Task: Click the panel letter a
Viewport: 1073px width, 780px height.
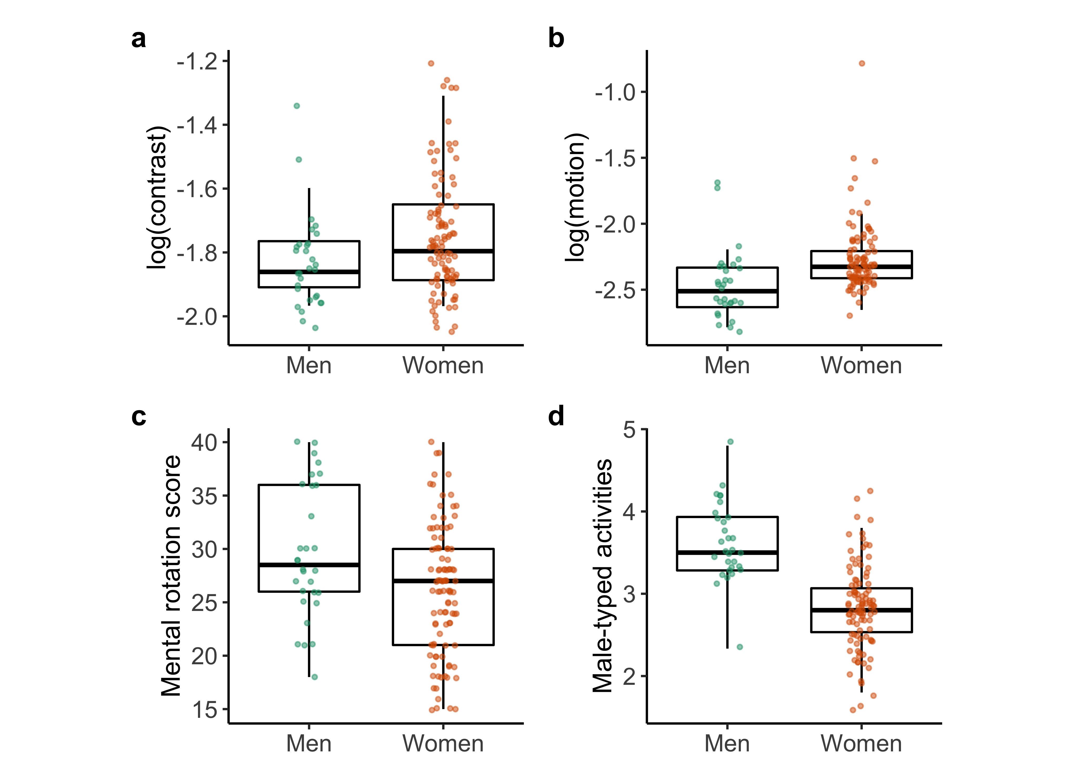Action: (139, 39)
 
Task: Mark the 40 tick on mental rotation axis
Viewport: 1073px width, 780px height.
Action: (204, 442)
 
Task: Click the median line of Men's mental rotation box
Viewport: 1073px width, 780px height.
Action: (309, 565)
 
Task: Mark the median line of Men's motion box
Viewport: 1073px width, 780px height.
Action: (727, 291)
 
